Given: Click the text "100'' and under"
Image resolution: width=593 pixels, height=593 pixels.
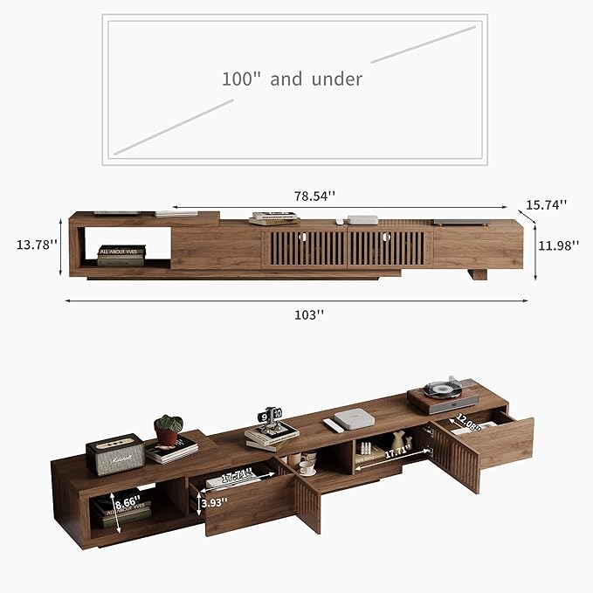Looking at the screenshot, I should click(291, 79).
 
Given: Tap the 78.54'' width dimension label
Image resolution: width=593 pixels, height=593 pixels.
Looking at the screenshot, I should click(315, 197).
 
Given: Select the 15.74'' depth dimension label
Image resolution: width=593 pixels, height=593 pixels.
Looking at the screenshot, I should click(547, 204).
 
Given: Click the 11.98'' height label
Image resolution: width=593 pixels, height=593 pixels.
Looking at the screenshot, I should click(558, 245).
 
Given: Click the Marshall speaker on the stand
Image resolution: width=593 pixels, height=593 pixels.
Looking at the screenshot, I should click(114, 453).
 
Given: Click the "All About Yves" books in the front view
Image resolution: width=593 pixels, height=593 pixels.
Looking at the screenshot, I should click(121, 255).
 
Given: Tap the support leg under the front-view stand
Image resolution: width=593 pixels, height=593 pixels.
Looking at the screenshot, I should click(476, 274).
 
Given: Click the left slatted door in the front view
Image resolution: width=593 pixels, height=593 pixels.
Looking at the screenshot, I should click(304, 248).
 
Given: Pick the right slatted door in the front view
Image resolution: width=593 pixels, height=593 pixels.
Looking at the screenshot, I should click(389, 248).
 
